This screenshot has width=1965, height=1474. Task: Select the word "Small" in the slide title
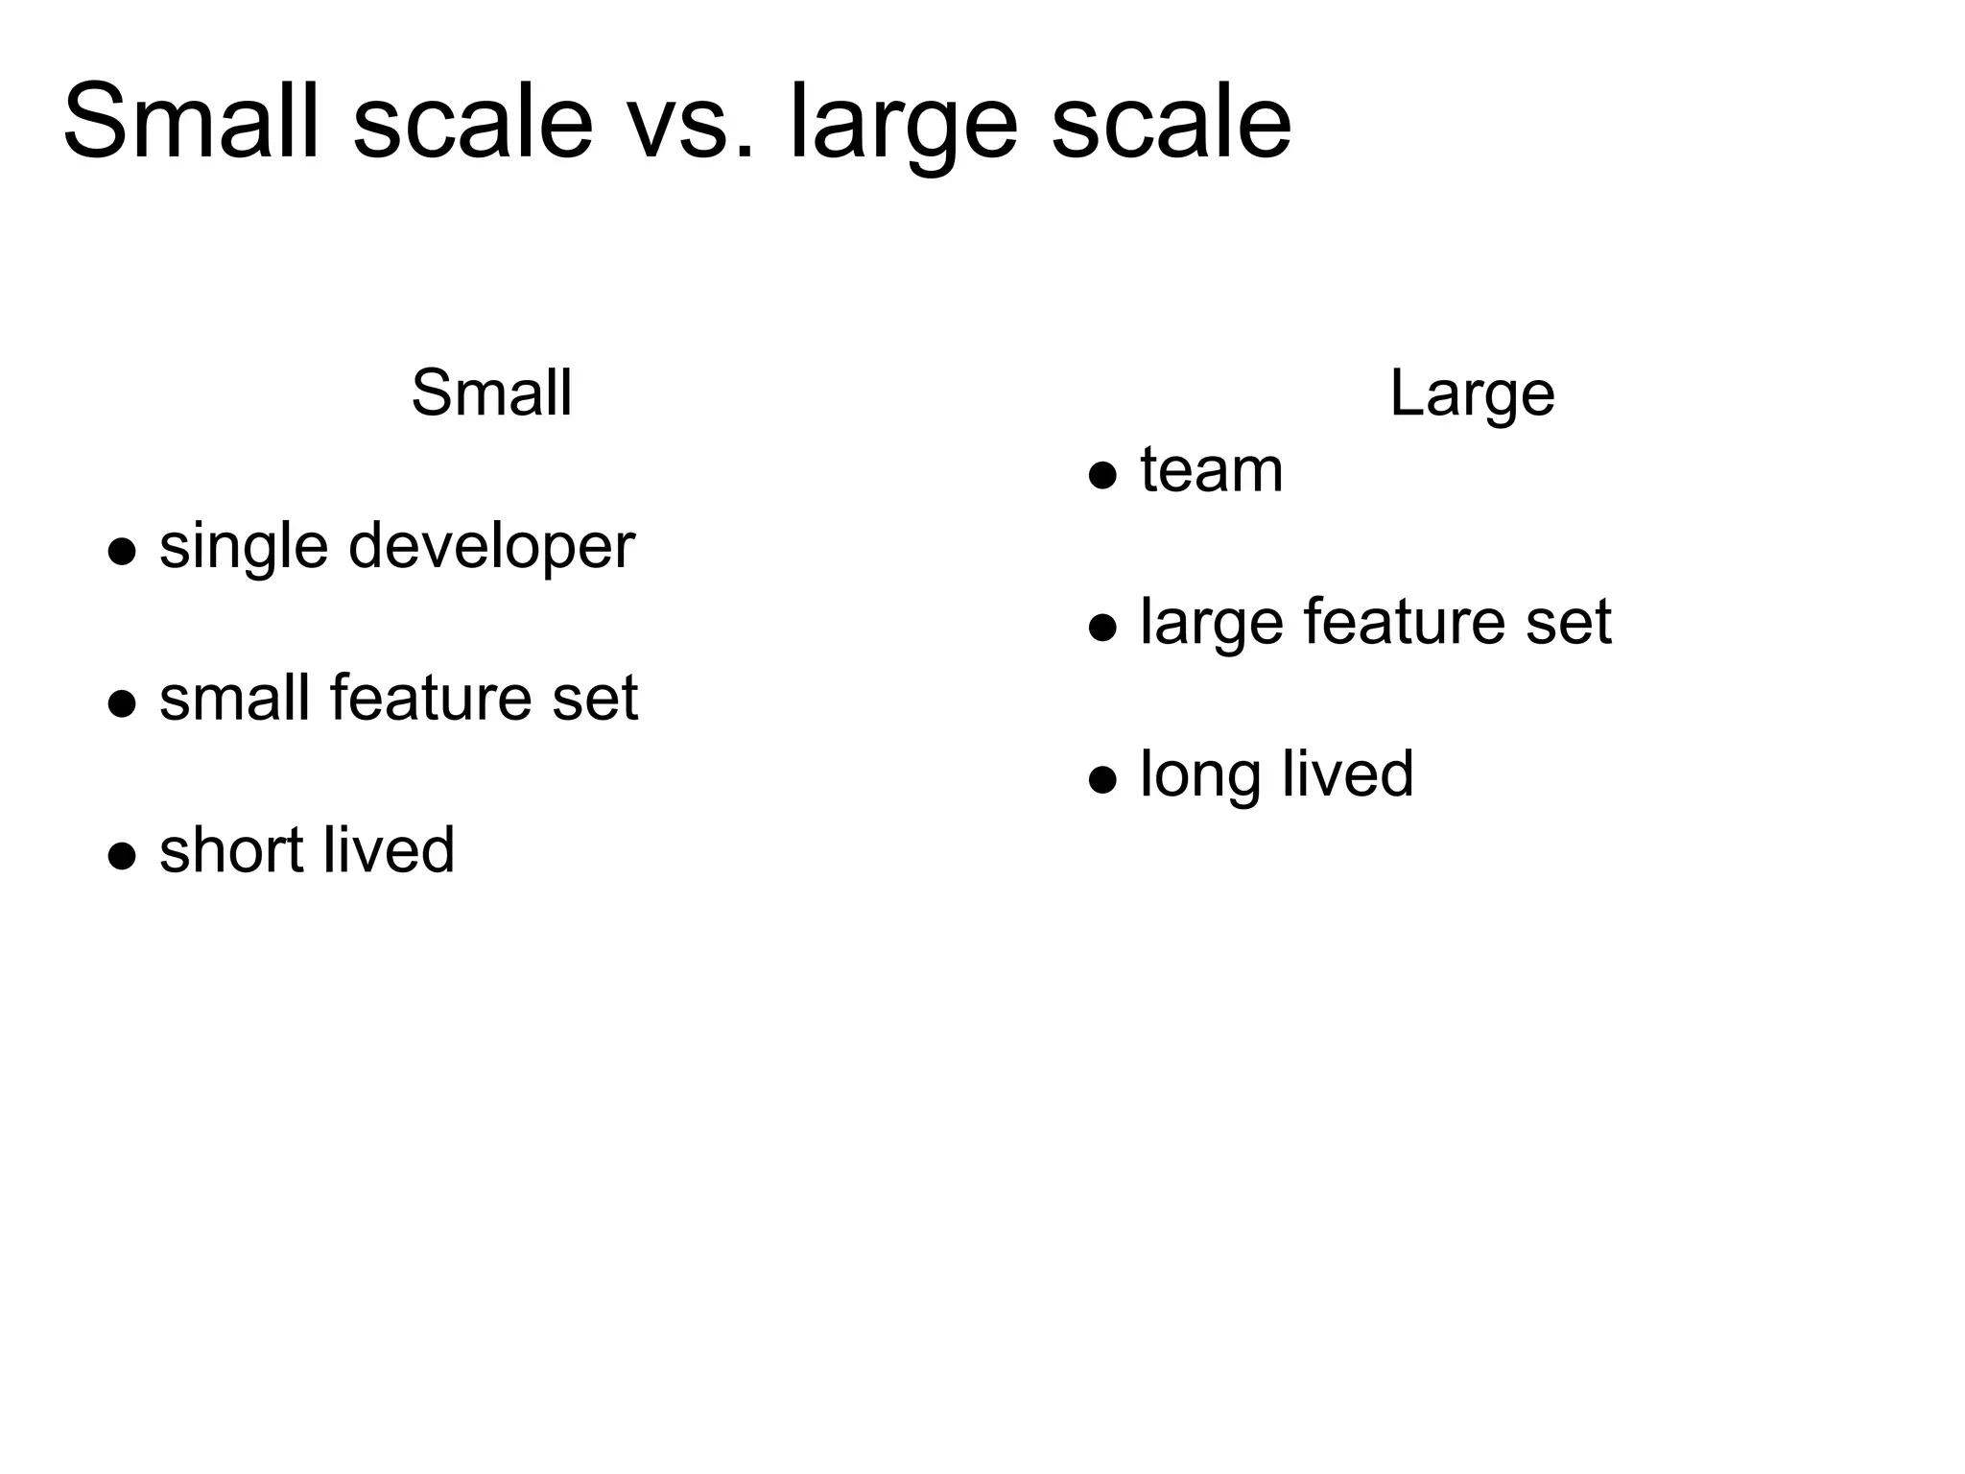pyautogui.click(x=191, y=123)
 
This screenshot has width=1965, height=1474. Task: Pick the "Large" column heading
pyautogui.click(x=1472, y=394)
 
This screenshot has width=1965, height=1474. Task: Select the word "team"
pyautogui.click(x=1211, y=470)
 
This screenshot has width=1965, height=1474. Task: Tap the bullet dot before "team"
pyautogui.click(x=1103, y=475)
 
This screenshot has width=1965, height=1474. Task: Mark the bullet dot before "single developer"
pyautogui.click(x=122, y=552)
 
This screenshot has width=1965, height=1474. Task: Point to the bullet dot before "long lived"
pyautogui.click(x=1103, y=779)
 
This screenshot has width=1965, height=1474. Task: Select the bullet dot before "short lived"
pyautogui.click(x=122, y=855)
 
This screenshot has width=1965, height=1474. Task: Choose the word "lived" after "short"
pyautogui.click(x=388, y=850)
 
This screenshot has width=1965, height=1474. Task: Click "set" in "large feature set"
pyautogui.click(x=1568, y=624)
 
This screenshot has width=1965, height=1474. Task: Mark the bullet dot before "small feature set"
pyautogui.click(x=122, y=703)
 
